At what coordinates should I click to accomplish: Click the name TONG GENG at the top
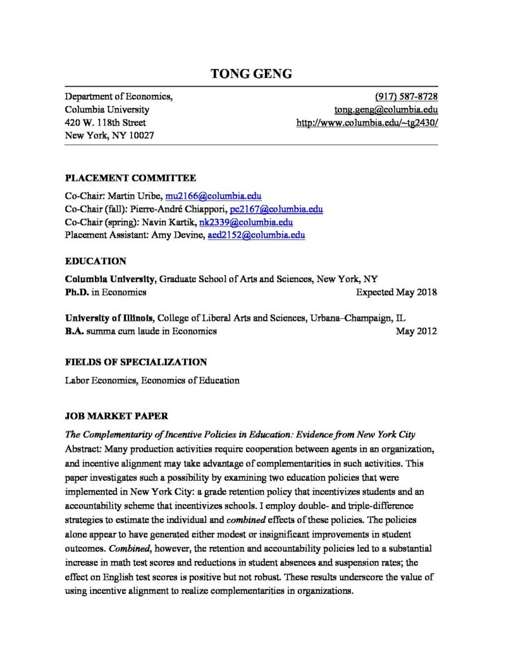tap(251, 74)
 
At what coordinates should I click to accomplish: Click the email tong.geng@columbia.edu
tap(386, 110)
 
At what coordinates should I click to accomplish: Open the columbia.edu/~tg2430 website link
tap(367, 123)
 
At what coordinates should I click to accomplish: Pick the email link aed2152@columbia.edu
tap(255, 235)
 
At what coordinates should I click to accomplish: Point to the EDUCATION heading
tap(96, 261)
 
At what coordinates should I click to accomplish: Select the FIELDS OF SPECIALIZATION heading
tap(136, 362)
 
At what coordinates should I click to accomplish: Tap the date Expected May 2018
tap(396, 292)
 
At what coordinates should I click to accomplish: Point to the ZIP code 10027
tap(141, 136)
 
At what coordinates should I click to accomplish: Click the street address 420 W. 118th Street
tap(105, 123)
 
